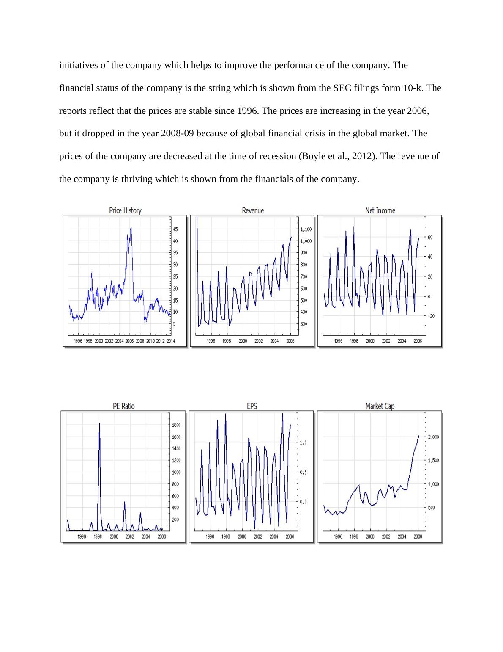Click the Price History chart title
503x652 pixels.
125,210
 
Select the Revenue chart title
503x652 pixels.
253,210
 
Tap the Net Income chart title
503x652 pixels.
380,210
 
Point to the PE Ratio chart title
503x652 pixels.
123,406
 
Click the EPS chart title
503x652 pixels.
252,406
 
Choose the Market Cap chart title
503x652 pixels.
380,406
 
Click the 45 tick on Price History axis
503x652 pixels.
175,229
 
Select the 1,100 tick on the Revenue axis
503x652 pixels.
306,229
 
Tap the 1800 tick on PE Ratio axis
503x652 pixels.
177,425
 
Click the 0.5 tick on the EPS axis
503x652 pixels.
303,472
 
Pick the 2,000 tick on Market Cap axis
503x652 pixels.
434,437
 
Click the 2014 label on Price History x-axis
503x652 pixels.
170,341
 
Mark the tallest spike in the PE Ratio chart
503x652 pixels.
99,424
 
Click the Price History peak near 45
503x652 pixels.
131,229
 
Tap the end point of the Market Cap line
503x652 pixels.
419,436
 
